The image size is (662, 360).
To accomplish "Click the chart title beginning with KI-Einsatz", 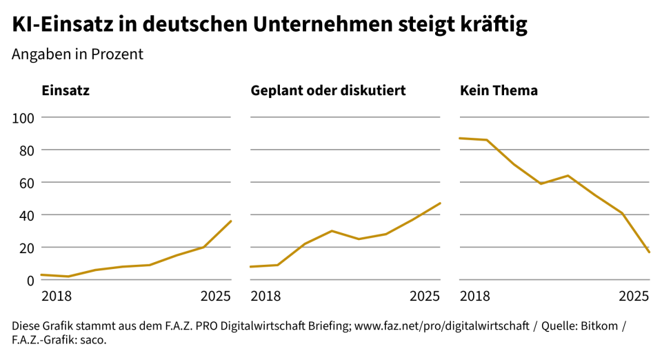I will [270, 24].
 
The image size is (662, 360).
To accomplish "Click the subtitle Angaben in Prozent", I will [77, 54].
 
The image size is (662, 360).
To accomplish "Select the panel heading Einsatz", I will [66, 90].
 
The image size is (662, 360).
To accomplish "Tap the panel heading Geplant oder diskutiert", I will [328, 90].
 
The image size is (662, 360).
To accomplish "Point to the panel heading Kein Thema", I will [499, 90].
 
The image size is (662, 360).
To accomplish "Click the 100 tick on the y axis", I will [24, 117].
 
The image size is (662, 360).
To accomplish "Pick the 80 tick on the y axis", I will [27, 150].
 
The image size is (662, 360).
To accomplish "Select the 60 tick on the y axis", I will [27, 182].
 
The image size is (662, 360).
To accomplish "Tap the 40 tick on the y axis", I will [27, 214].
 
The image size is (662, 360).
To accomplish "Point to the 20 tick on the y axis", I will [27, 247].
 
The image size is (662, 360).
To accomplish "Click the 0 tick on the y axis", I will [30, 280].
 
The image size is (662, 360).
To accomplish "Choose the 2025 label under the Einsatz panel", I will [216, 297].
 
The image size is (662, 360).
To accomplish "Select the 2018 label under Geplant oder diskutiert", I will [265, 297].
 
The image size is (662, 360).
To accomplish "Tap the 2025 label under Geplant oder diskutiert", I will [425, 297].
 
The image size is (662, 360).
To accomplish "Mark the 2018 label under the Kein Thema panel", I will [474, 297].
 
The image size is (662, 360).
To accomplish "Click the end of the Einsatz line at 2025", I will [231, 221].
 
